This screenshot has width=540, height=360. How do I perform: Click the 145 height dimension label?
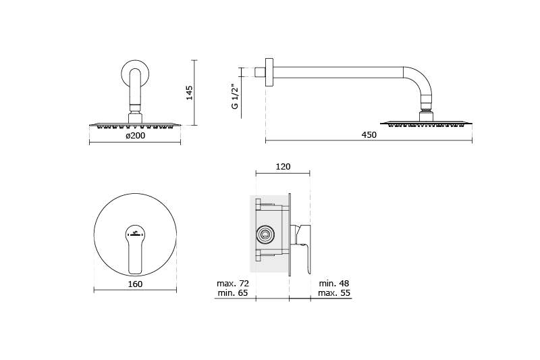pos(189,93)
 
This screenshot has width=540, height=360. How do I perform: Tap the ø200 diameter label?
pos(136,136)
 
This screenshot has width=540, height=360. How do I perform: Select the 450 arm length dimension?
pos(369,135)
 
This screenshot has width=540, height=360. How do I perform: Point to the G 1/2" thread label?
pos(235,97)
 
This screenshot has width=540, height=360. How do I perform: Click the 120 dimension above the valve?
pos(283,167)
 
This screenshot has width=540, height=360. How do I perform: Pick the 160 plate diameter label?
pos(135,284)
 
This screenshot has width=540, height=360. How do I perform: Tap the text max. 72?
pos(233,284)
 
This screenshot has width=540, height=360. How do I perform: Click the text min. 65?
pos(233,293)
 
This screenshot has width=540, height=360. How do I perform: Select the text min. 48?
pos(333,284)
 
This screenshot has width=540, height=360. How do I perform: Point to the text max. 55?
pos(334,293)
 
